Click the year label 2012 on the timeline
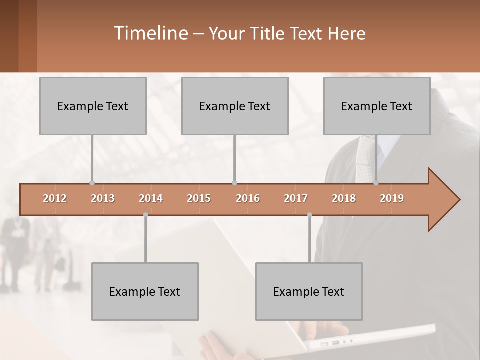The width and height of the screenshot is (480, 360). pos(55,198)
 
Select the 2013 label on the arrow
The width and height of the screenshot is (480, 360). pos(103,198)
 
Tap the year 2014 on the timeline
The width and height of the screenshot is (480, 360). pos(151,198)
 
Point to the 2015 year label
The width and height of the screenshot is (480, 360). pos(199,198)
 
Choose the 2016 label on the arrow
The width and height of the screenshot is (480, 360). pos(248,198)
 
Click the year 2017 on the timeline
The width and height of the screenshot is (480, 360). pos(296,198)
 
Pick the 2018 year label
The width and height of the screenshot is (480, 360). pos(344,198)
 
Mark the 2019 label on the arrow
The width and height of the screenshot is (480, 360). pos(392,198)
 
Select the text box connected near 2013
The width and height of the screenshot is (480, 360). pos(93,106)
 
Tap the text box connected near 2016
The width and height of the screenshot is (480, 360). pos(235,106)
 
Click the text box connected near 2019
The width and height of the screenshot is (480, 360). pos(377,106)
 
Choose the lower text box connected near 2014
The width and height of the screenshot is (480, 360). pos(145,291)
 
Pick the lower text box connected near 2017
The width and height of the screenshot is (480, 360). pos(309,291)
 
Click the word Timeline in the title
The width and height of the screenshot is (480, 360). pos(150,33)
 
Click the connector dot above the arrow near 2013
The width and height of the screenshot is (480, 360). pos(92,183)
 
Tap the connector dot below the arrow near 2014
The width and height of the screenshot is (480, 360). pos(145,215)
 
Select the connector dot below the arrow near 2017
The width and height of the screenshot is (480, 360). pos(309,215)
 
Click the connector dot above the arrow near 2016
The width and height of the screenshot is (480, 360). pos(234,183)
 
